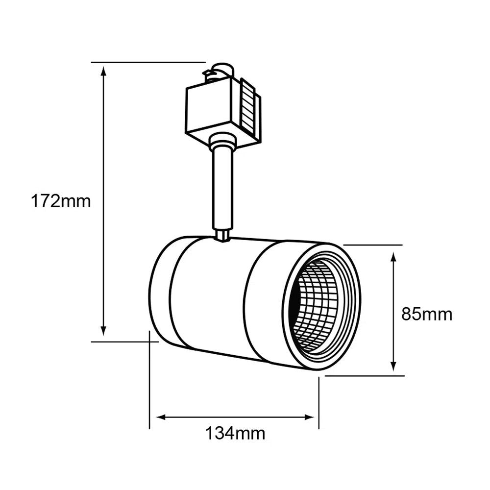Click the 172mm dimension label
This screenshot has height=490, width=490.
click(x=61, y=201)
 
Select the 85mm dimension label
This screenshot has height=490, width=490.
click(x=427, y=314)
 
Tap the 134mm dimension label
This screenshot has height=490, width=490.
click(x=235, y=433)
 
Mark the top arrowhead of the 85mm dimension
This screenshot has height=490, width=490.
click(x=393, y=257)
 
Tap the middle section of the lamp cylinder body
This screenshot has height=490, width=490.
click(x=211, y=294)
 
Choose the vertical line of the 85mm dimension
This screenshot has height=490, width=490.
click(x=393, y=314)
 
